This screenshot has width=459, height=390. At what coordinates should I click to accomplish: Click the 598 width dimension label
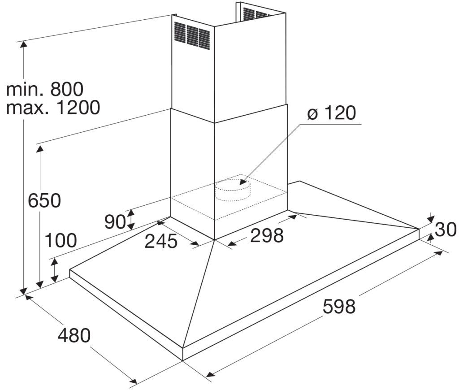[339, 307]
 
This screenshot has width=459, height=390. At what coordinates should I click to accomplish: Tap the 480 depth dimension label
[74, 335]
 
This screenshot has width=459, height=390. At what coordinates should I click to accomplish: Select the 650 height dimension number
[44, 200]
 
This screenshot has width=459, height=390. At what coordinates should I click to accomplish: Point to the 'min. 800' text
[45, 89]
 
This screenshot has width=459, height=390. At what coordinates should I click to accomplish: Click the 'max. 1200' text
[53, 107]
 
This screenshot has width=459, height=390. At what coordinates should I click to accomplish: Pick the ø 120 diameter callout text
[331, 113]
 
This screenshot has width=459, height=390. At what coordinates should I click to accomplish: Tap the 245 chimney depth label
[161, 241]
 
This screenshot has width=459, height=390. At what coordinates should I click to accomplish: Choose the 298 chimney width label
[267, 235]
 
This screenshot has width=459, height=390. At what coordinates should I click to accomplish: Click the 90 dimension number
[115, 221]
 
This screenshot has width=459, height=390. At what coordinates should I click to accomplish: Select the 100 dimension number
[61, 240]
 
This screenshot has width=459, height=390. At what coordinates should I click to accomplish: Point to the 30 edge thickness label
[446, 229]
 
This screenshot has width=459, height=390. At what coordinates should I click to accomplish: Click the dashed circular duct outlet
[233, 190]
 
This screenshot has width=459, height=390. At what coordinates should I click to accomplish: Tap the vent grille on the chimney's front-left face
[192, 35]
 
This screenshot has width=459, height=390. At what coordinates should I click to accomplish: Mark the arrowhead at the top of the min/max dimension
[23, 44]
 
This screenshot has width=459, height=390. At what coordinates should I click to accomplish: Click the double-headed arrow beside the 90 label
[131, 220]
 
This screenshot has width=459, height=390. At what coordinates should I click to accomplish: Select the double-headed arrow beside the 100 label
[54, 271]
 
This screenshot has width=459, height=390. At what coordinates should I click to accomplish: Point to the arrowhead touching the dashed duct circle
[242, 182]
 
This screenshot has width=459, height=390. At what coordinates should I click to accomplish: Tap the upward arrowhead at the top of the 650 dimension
[39, 148]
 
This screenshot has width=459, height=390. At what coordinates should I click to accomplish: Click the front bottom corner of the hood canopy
[183, 361]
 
